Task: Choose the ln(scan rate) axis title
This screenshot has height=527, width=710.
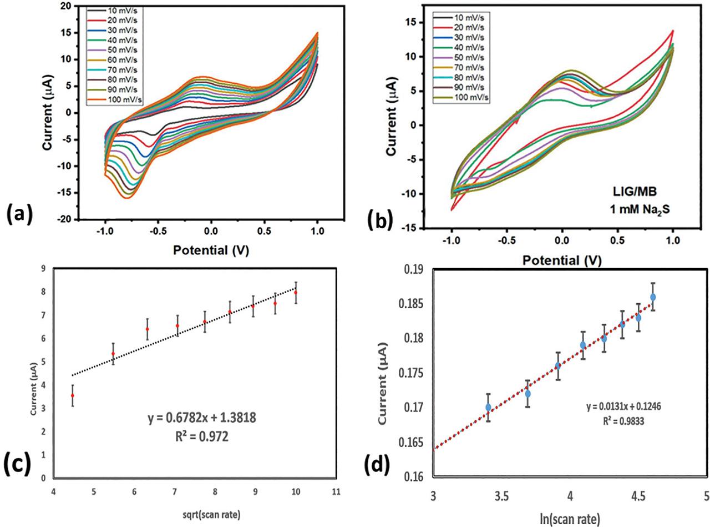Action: (569, 520)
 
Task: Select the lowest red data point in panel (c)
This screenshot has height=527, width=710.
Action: (73, 395)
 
